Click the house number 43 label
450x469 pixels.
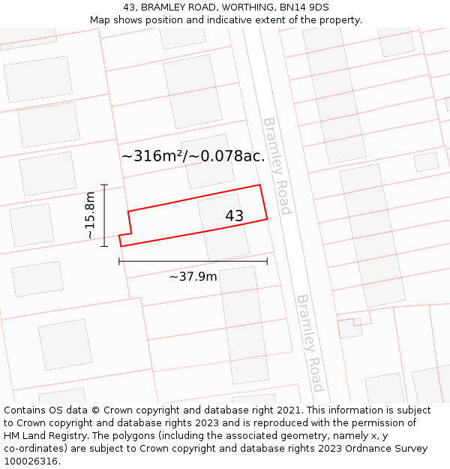click(x=234, y=216)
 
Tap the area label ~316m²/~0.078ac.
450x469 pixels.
click(x=193, y=156)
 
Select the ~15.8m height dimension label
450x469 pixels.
click(x=90, y=215)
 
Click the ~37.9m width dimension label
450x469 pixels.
click(x=193, y=277)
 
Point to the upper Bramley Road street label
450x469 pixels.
click(x=276, y=166)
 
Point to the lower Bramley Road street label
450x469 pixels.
click(x=310, y=342)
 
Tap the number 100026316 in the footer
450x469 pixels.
click(x=31, y=461)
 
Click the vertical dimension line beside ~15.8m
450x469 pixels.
click(x=104, y=215)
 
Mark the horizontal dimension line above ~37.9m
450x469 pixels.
click(x=193, y=261)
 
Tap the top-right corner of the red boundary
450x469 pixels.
click(x=259, y=185)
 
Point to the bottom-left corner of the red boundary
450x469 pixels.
click(x=121, y=245)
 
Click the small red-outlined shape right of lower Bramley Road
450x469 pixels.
click(x=349, y=327)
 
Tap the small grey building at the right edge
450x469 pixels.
click(x=426, y=161)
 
